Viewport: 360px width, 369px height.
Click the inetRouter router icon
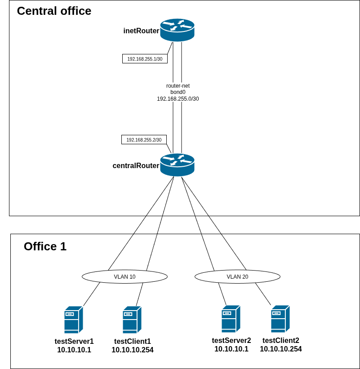click(177, 30)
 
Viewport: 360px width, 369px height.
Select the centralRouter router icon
click(177, 165)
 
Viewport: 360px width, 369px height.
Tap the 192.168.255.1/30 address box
click(145, 58)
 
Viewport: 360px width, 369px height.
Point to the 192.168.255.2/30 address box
click(144, 139)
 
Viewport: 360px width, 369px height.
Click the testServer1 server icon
click(74, 320)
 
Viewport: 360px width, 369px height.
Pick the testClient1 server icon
click(132, 320)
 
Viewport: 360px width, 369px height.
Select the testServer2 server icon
click(231, 319)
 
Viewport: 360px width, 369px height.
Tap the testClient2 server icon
click(280, 319)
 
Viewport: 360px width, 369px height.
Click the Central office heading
click(54, 11)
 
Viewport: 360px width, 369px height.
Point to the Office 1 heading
click(45, 246)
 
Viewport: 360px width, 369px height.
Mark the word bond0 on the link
click(178, 92)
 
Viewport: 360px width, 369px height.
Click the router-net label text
click(178, 86)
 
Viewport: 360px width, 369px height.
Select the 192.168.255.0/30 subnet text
click(178, 98)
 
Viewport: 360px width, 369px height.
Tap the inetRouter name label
click(142, 31)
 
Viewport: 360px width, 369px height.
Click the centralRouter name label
click(136, 165)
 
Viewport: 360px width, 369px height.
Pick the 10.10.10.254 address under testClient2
click(281, 349)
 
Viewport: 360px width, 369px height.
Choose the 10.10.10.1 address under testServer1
click(74, 350)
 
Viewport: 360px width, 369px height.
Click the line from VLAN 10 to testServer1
click(92, 294)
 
